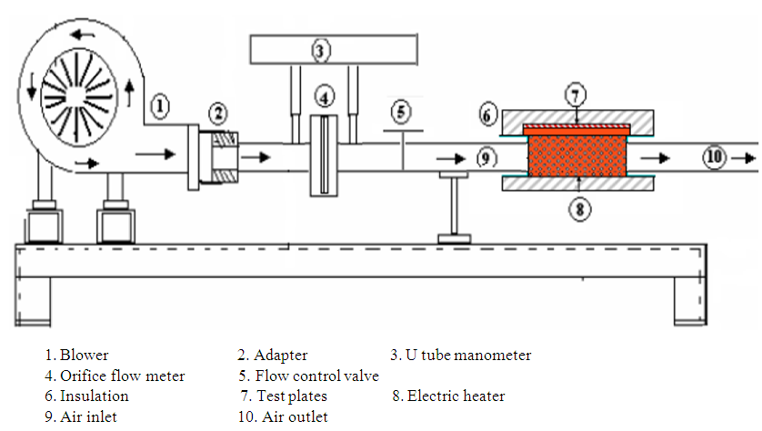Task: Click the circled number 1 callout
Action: [159, 107]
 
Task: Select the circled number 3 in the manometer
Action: [319, 50]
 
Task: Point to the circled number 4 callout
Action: [325, 95]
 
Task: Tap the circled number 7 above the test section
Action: [577, 95]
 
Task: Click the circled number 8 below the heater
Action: [579, 207]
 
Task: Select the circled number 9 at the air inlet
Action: [486, 158]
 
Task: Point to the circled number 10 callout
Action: [714, 157]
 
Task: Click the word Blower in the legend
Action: [85, 356]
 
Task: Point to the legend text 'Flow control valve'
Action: [317, 376]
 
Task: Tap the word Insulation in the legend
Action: [95, 396]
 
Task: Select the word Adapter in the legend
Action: [280, 356]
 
